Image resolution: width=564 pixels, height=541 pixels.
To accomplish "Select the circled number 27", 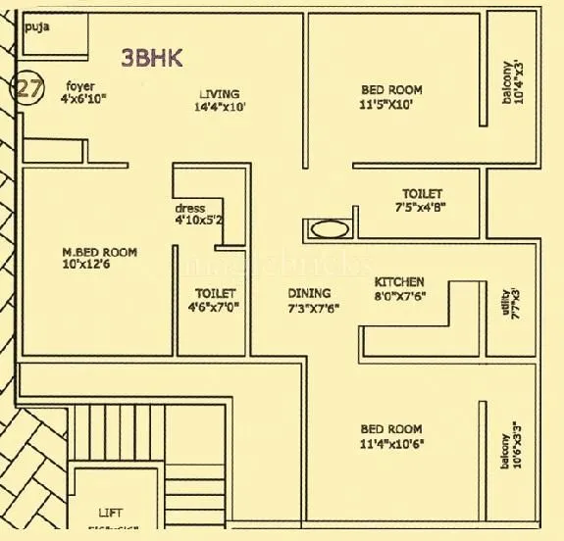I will coord(27,88).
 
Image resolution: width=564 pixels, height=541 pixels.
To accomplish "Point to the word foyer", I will coord(80,85).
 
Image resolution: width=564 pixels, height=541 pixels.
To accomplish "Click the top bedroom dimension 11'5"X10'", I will coord(391,104).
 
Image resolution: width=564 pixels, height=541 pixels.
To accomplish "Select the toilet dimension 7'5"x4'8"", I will coord(421,208).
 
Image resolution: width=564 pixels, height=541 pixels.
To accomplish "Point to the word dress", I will coord(189,209).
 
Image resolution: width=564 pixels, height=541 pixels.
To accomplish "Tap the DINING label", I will coord(309,293).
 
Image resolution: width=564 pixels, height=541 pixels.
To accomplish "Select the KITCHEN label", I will coord(399,281).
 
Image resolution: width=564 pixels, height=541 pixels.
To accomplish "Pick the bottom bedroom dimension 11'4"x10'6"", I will coord(391,443).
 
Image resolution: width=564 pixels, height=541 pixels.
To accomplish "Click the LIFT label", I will coord(111,513).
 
